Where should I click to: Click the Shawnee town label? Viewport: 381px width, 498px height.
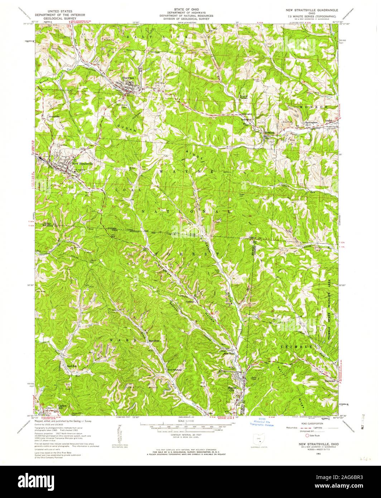[128, 78]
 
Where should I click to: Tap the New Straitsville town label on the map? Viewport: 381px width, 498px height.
[83, 164]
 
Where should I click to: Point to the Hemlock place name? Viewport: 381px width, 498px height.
[269, 133]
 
